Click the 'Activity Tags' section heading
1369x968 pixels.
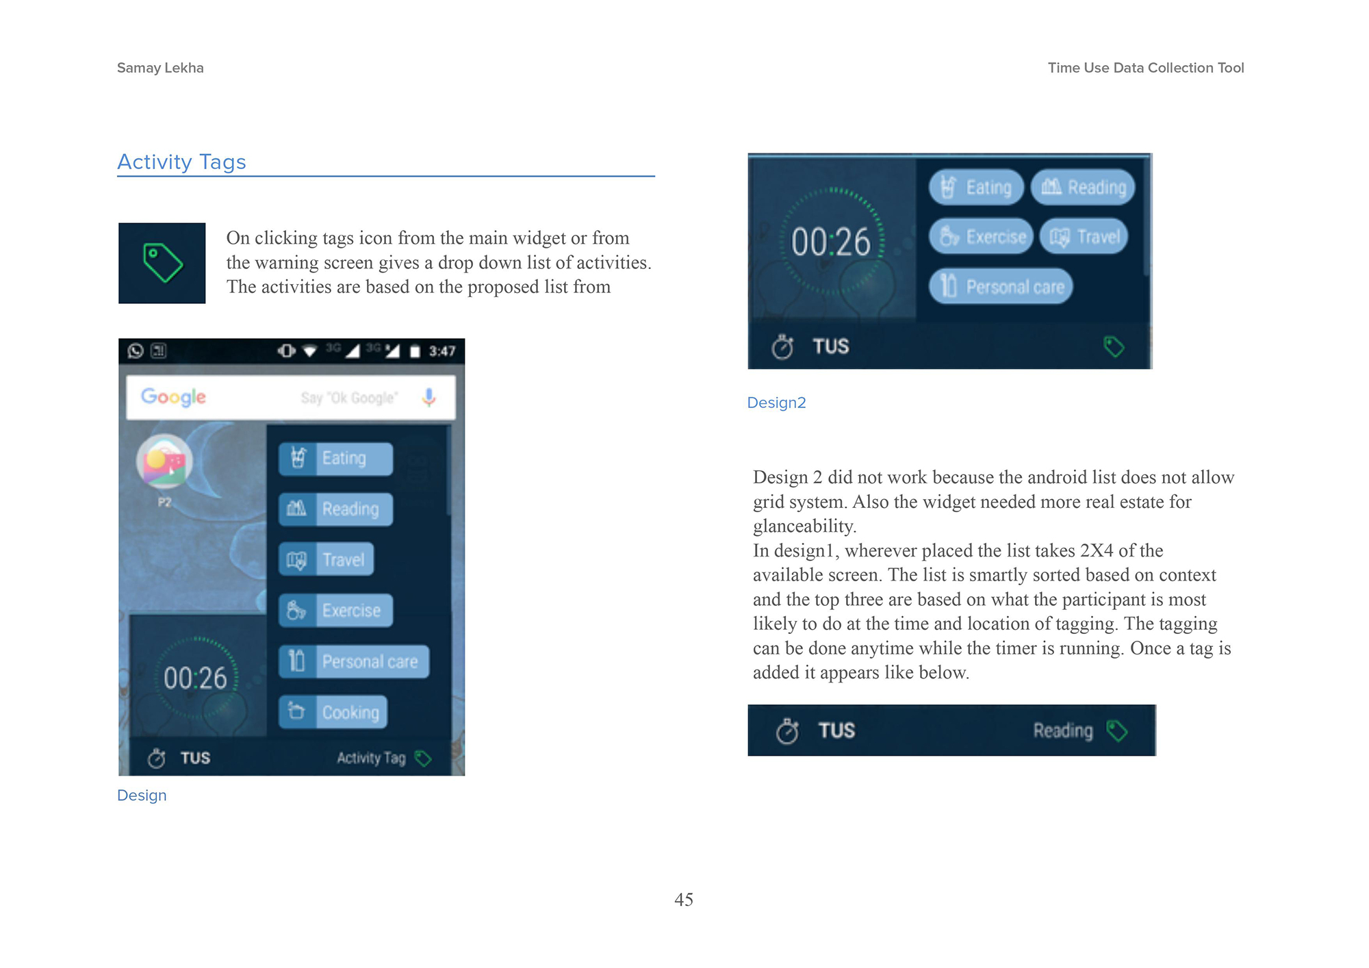click(x=181, y=162)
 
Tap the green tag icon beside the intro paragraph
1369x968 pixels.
click(x=162, y=263)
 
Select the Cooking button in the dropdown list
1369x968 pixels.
click(x=333, y=712)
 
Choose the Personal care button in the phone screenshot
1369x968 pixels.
click(x=354, y=661)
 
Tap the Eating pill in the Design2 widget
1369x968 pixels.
click(x=976, y=187)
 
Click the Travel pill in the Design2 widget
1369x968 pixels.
click(x=1084, y=237)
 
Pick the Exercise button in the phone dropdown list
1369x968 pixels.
click(x=336, y=610)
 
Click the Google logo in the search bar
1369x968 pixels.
click(x=173, y=397)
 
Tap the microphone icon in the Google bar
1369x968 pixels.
click(x=428, y=397)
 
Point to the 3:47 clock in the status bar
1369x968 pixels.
click(x=442, y=351)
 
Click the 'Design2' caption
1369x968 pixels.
click(x=776, y=403)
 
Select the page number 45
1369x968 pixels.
click(x=684, y=900)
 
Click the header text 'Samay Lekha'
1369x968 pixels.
click(x=160, y=68)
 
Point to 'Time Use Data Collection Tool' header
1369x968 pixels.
click(x=1146, y=68)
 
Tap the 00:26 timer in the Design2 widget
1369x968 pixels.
click(x=831, y=242)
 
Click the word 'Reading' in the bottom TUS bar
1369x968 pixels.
click(x=1063, y=730)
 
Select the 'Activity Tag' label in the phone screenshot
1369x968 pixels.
click(x=371, y=758)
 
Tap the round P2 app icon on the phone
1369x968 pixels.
click(x=164, y=461)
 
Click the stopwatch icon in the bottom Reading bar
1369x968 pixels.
click(x=787, y=730)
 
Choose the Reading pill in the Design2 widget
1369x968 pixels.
click(x=1083, y=187)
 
